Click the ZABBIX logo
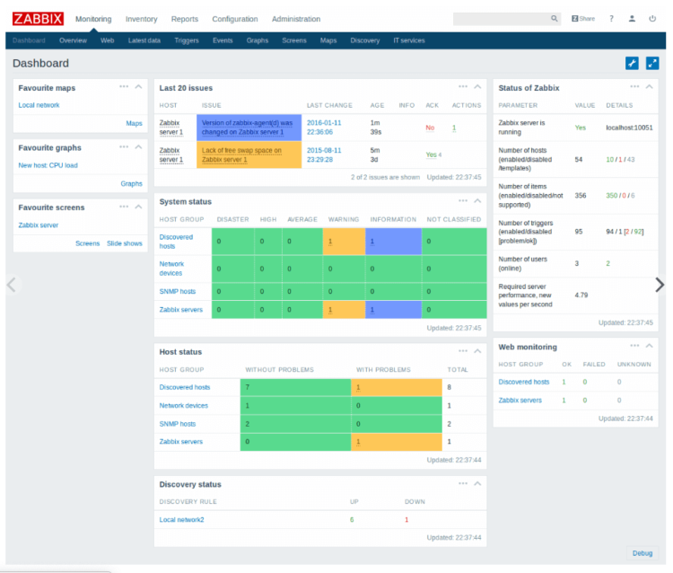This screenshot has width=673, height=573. (x=38, y=19)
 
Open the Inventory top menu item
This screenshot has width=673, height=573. (x=141, y=19)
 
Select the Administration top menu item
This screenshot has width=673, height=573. (x=295, y=19)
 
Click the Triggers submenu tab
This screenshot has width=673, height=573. (x=187, y=40)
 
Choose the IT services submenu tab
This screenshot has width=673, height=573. (x=408, y=40)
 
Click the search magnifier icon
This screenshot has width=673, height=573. (x=554, y=19)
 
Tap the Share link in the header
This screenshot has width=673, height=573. (x=583, y=19)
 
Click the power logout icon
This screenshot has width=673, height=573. (x=652, y=19)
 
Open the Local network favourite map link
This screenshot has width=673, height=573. (x=39, y=105)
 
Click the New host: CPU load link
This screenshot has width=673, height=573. (x=48, y=165)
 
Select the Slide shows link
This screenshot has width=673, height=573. (x=124, y=243)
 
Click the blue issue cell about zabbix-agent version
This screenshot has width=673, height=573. (x=248, y=127)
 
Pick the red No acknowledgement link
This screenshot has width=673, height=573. (x=430, y=128)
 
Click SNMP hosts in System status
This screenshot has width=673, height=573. (x=177, y=292)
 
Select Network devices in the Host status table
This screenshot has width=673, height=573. (x=183, y=406)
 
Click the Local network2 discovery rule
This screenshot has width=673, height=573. (x=181, y=520)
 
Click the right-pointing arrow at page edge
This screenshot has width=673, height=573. (x=660, y=285)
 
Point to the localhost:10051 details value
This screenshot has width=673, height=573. (x=629, y=128)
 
